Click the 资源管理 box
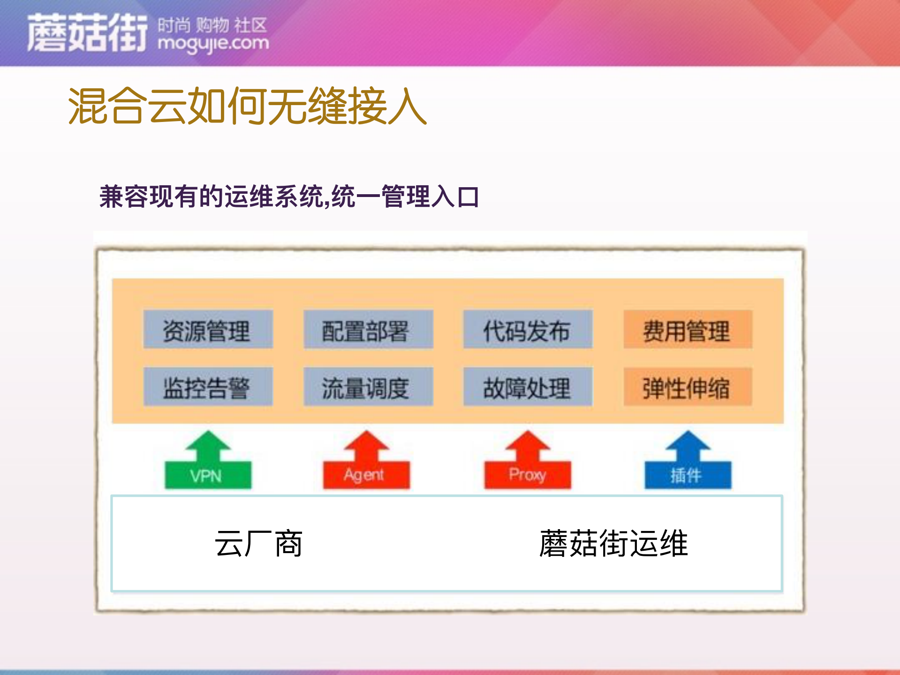[x=208, y=330]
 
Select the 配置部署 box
[x=368, y=330]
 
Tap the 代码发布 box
[x=528, y=330]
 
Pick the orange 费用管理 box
[x=688, y=330]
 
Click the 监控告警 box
[x=208, y=387]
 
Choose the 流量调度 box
[x=368, y=387]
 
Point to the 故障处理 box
[x=528, y=387]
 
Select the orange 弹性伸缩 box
[x=688, y=387]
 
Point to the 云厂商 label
[x=258, y=544]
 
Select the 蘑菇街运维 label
[x=613, y=544]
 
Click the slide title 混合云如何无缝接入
[x=247, y=106]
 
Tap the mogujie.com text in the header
[x=213, y=44]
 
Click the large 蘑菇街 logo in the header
[x=87, y=33]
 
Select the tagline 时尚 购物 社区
[x=212, y=24]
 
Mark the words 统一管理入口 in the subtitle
[x=406, y=197]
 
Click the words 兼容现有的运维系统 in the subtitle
[x=211, y=197]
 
